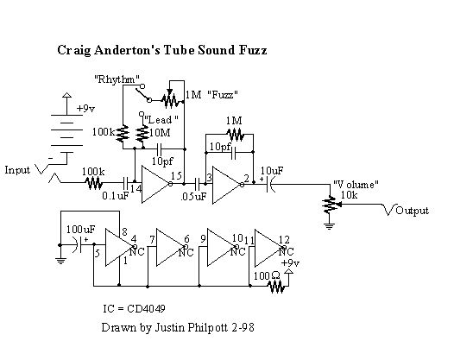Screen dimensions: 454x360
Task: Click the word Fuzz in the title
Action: [253, 50]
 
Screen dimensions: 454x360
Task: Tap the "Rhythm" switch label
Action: [117, 79]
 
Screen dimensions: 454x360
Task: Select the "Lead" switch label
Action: [161, 119]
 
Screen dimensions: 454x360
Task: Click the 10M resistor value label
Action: [160, 133]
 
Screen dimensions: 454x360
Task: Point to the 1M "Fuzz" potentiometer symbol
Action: [173, 100]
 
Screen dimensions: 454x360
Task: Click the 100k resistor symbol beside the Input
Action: [94, 183]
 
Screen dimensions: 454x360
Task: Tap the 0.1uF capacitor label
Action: [116, 196]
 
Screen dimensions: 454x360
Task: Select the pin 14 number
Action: [136, 188]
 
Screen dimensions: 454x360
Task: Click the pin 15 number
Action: [176, 175]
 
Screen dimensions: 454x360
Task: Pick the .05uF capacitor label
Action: [193, 196]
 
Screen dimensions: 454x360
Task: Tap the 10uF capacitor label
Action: [272, 171]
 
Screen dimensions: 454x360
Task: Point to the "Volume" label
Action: [356, 185]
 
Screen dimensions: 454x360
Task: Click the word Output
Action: [412, 211]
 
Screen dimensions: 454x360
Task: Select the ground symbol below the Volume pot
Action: [329, 225]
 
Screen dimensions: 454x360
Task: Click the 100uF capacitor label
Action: [80, 230]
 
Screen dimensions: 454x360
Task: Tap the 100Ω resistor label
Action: [267, 276]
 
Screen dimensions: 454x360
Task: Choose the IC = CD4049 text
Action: [134, 308]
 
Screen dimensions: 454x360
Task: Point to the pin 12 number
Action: [284, 240]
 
